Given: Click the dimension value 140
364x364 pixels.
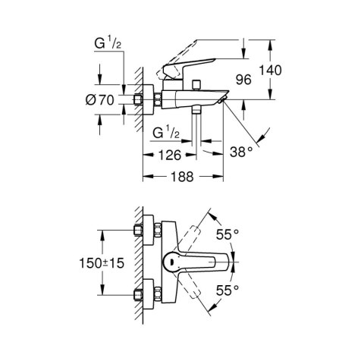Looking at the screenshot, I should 270,70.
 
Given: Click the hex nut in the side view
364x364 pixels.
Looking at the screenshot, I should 140,99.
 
